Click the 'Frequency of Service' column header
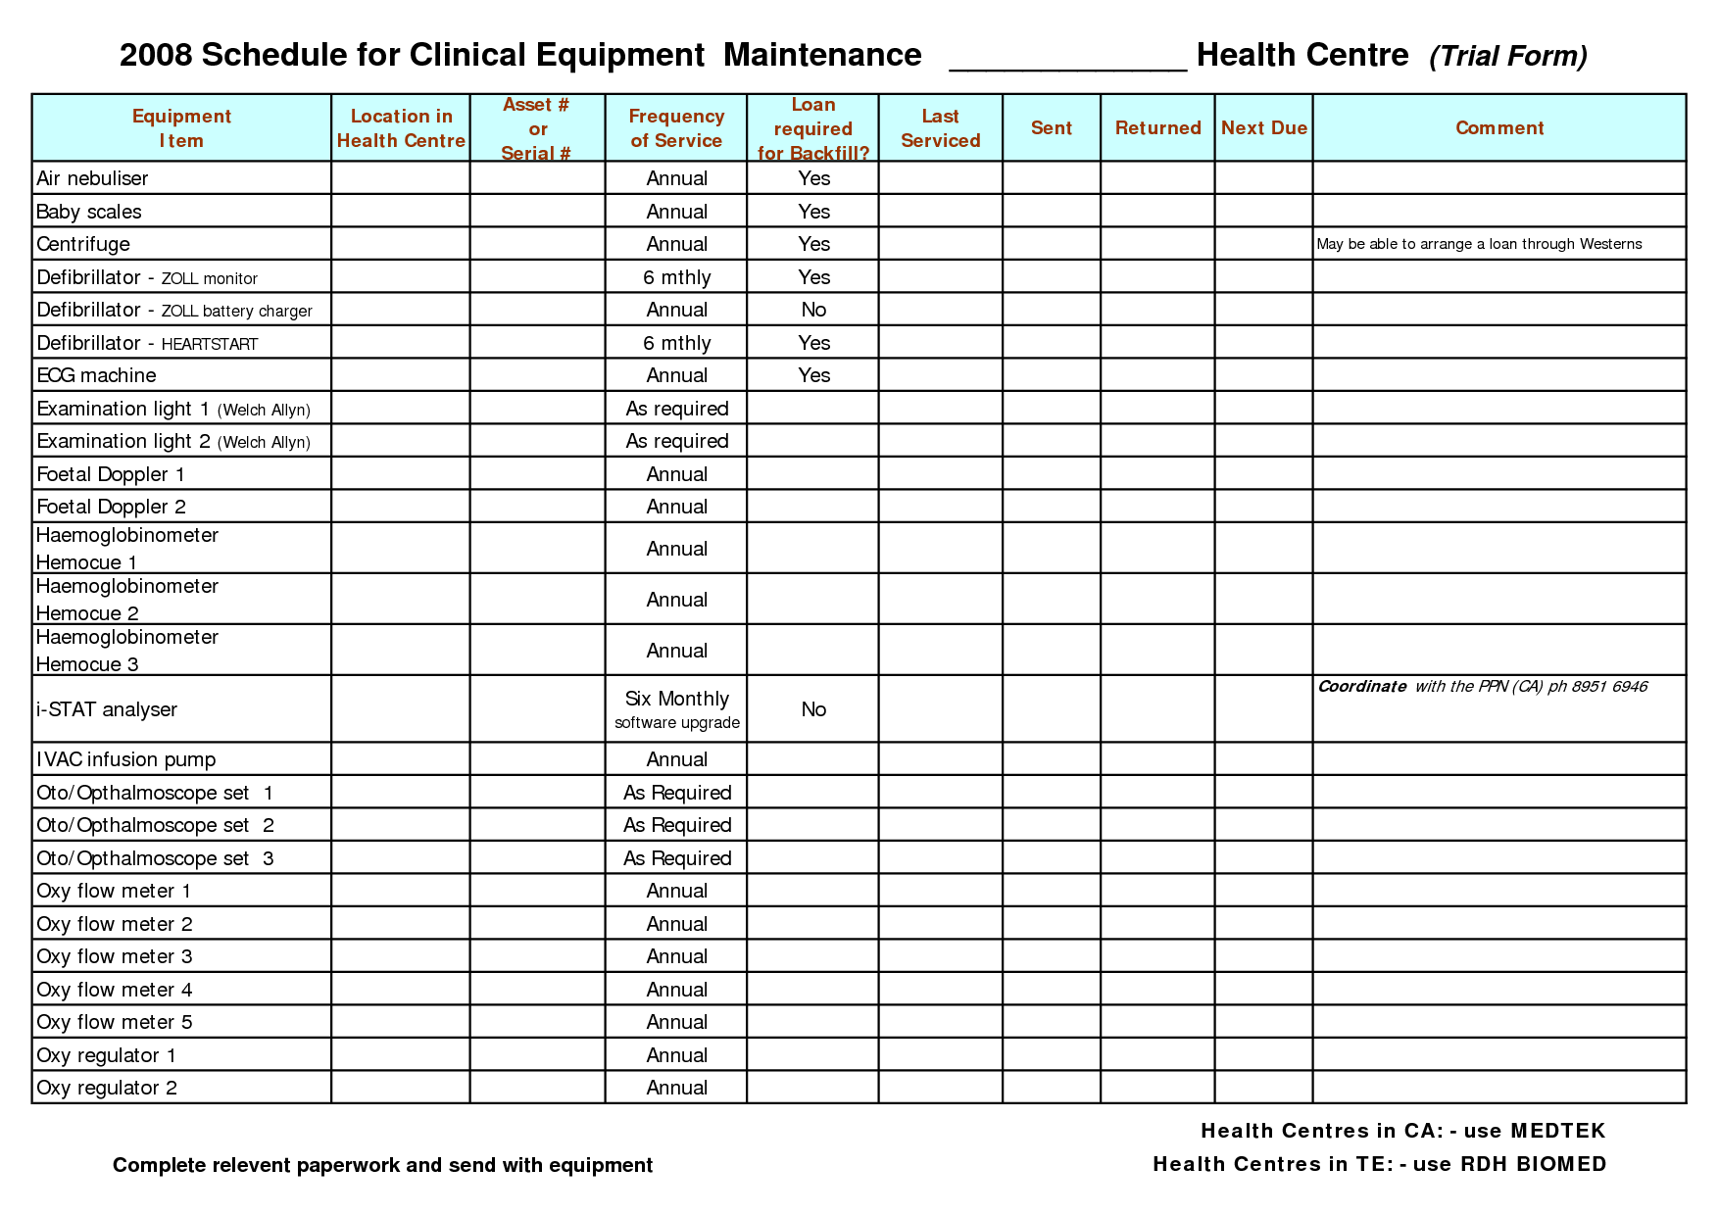click(x=676, y=128)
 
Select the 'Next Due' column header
click(x=1263, y=128)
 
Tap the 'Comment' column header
click(x=1498, y=128)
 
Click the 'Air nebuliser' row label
click(x=92, y=178)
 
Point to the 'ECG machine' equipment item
click(x=96, y=375)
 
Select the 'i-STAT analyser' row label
click(x=107, y=709)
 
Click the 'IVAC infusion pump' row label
click(x=125, y=759)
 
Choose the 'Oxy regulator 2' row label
click(x=107, y=1088)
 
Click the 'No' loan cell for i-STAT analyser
click(x=813, y=709)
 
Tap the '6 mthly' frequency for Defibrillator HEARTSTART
click(x=676, y=343)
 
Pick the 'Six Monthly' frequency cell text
click(x=676, y=699)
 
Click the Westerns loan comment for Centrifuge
click(x=1479, y=244)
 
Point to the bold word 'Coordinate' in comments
click(x=1361, y=687)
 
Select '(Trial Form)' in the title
click(x=1507, y=57)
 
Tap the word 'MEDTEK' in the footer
click(x=1557, y=1131)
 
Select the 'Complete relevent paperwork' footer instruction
click(x=382, y=1165)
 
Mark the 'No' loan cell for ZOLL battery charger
click(x=813, y=310)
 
